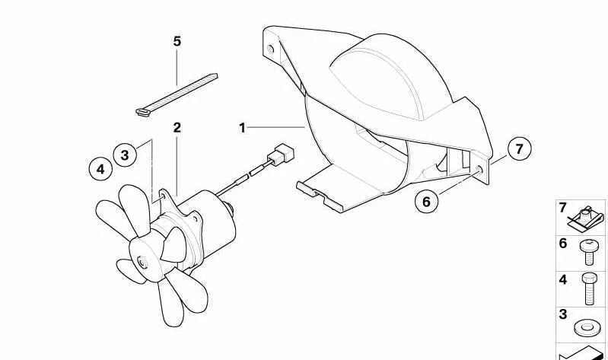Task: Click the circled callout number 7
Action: pos(519,149)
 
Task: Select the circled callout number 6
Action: pos(426,201)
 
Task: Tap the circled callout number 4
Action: pos(100,168)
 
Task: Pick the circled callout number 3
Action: pos(126,155)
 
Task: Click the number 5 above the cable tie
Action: pos(177,42)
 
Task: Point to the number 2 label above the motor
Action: pos(177,127)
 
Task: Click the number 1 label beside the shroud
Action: pos(243,128)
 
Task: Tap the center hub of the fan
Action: pos(142,263)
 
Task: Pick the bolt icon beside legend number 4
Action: pos(588,287)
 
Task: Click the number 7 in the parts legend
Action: pos(563,208)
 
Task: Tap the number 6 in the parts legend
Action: pos(563,244)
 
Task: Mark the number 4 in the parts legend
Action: pos(563,279)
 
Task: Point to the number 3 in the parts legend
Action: pos(563,314)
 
